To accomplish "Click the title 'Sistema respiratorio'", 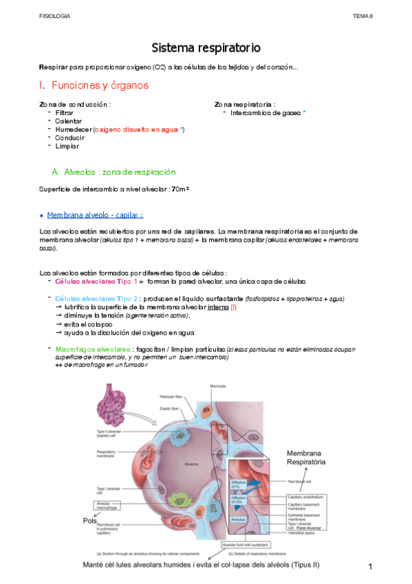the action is (206, 48).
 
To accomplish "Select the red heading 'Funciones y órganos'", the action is (100, 85).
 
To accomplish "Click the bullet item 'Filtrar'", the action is (65, 112).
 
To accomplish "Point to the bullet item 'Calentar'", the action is (68, 121).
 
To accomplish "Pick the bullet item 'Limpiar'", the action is (67, 145).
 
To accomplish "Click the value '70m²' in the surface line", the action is (180, 189).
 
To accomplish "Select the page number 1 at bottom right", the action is (370, 566).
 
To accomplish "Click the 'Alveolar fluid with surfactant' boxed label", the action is (255, 544).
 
